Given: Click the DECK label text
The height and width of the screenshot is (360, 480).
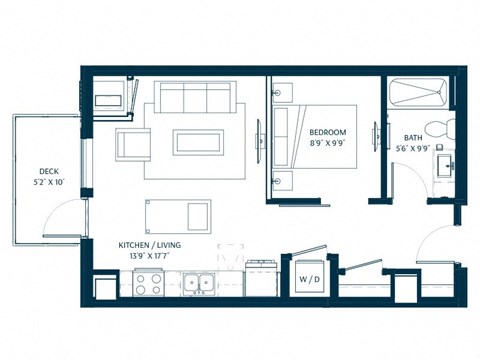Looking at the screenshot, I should [x=47, y=171].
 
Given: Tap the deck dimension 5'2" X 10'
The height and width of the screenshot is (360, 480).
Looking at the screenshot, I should [x=47, y=183].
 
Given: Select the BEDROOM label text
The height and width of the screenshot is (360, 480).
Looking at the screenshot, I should [x=327, y=133].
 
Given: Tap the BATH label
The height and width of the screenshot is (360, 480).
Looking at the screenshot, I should [x=413, y=138].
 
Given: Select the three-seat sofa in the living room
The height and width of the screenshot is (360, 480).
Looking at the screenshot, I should [x=195, y=99].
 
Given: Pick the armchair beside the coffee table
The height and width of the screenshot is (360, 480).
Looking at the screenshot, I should [x=134, y=144].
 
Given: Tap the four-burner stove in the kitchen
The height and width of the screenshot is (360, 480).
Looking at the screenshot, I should [x=148, y=285].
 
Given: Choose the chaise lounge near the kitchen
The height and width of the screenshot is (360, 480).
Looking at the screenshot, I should [x=178, y=213].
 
